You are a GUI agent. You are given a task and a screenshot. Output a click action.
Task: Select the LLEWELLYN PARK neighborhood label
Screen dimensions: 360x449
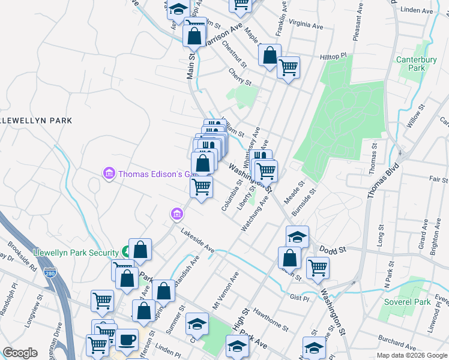coord(36,121)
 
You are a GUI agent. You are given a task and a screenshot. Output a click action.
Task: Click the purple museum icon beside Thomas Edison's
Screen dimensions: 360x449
coord(109,174)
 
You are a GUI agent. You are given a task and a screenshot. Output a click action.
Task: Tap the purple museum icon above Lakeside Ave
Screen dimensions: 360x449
coord(176,214)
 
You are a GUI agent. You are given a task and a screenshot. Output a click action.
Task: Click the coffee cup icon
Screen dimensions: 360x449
coord(127,340)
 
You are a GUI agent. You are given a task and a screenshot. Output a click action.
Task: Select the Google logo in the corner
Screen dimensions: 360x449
coord(20,353)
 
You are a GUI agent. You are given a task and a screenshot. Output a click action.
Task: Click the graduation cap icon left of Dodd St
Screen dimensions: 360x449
coord(297,236)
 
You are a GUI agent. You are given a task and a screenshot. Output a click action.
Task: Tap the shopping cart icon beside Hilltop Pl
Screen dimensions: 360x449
coord(288,67)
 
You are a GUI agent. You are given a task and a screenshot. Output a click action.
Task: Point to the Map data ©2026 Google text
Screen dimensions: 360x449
coord(411,355)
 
